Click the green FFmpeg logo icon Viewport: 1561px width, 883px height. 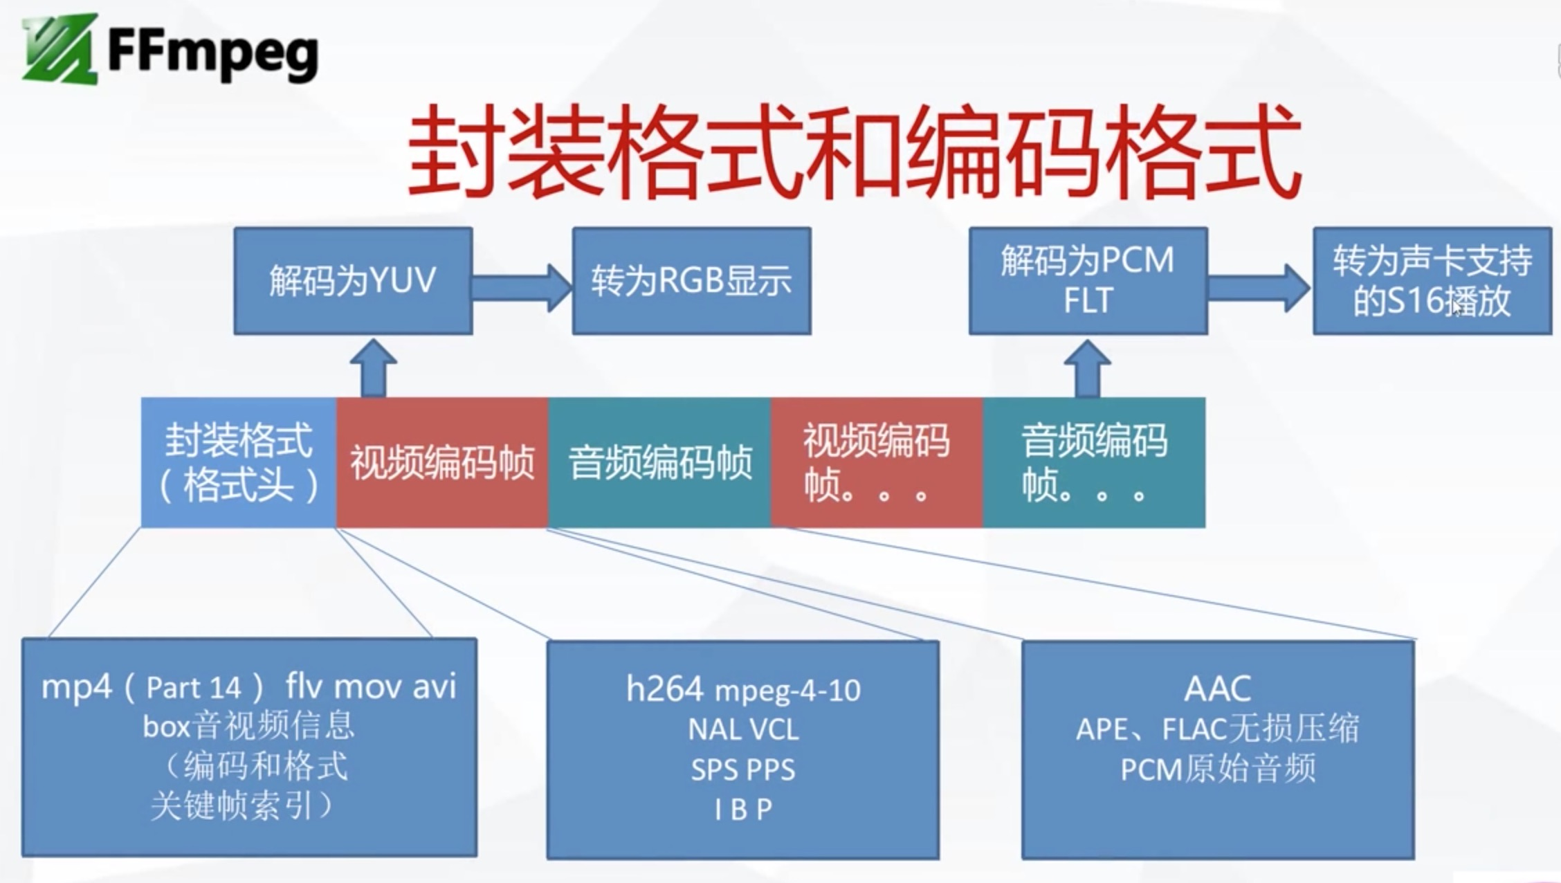(x=59, y=48)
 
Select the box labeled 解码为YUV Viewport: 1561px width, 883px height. (x=353, y=281)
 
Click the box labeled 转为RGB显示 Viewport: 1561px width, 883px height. (x=691, y=281)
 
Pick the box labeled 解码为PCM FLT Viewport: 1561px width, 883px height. (x=1088, y=281)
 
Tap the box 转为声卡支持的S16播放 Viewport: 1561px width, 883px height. (x=1432, y=281)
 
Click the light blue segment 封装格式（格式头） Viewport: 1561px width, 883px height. (x=239, y=462)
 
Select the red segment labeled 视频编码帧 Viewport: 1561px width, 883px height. (x=442, y=462)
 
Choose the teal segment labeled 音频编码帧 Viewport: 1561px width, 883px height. (x=659, y=462)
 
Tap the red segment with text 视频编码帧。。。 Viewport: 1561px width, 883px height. (x=876, y=462)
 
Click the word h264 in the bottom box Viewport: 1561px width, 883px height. (x=664, y=689)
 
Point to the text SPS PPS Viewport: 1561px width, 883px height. (x=743, y=770)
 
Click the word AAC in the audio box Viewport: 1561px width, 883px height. (x=1217, y=689)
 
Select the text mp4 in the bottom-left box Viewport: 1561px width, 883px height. (x=76, y=687)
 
